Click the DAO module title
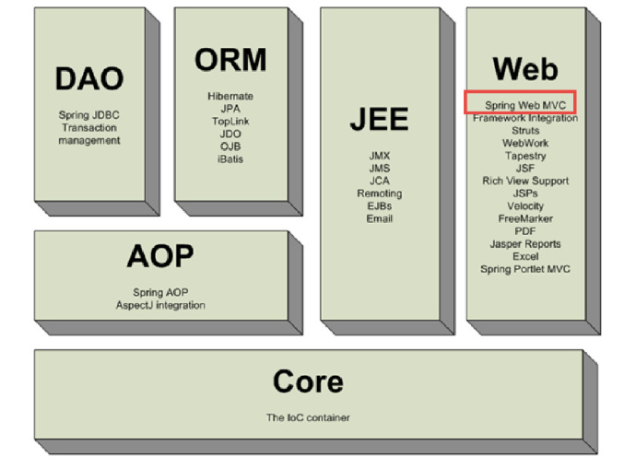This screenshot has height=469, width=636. click(x=89, y=78)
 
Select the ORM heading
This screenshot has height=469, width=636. click(x=230, y=60)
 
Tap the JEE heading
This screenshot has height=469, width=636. click(x=379, y=119)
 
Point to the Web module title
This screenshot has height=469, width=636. click(x=525, y=69)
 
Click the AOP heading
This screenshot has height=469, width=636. click(x=160, y=256)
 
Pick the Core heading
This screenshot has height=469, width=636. click(x=308, y=381)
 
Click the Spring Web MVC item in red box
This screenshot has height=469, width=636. click(x=525, y=105)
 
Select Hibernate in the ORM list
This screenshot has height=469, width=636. click(x=230, y=96)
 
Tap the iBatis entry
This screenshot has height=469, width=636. click(x=230, y=158)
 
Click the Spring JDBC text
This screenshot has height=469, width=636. click(x=89, y=115)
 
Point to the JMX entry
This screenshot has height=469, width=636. click(x=379, y=156)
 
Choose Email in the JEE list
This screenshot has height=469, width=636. click(x=379, y=218)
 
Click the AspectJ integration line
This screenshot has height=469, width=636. click(x=160, y=305)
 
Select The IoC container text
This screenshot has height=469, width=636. click(x=308, y=417)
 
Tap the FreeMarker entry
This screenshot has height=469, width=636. click(x=525, y=218)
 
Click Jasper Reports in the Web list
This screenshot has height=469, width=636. click(x=525, y=244)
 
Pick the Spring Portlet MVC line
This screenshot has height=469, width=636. click(x=525, y=269)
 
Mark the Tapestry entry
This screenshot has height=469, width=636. click(x=525, y=156)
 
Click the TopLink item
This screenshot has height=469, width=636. click(x=230, y=122)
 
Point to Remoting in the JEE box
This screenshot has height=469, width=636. click(x=379, y=193)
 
